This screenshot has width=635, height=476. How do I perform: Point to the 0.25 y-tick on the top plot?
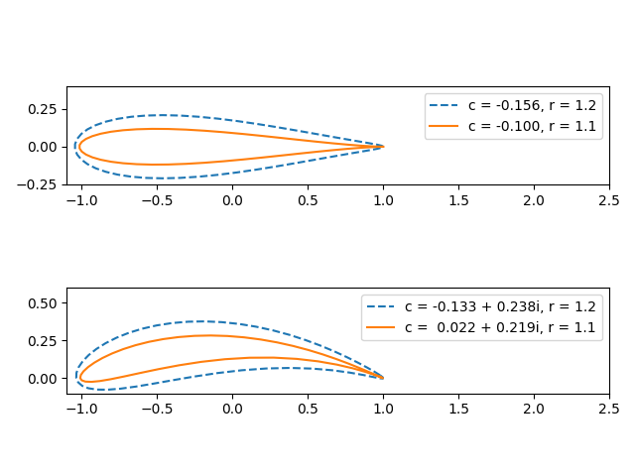(46, 109)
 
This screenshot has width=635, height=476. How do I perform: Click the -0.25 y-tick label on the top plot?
(42, 184)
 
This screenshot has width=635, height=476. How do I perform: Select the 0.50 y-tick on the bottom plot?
(46, 302)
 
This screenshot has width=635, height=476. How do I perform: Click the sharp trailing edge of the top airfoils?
(383, 147)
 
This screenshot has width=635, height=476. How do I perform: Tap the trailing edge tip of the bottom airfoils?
(383, 378)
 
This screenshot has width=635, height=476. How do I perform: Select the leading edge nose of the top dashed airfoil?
(74, 147)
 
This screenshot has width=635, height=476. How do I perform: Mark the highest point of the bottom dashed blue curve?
(201, 321)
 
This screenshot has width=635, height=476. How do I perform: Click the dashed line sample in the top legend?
(444, 105)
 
